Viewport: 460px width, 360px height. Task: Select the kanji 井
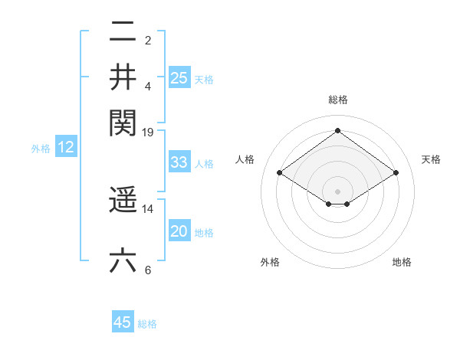click(123, 77)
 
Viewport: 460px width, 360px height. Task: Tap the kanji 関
click(123, 121)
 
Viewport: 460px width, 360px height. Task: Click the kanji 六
click(123, 261)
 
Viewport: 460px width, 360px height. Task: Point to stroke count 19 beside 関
click(149, 133)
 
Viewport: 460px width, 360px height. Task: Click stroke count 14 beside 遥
click(149, 208)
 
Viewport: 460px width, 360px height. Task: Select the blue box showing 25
click(179, 77)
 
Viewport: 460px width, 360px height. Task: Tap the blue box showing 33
click(179, 162)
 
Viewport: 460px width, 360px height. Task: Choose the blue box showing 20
click(179, 231)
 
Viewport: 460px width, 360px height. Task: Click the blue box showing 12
click(66, 148)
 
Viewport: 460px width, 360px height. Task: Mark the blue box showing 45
click(123, 322)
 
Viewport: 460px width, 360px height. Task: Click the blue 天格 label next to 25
click(204, 80)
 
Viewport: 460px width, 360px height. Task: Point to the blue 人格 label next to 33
click(204, 164)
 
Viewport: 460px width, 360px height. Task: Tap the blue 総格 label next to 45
click(147, 324)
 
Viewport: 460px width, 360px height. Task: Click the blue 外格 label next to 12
click(41, 149)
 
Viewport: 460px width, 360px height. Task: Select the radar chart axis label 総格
click(337, 100)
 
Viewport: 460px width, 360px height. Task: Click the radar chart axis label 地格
click(402, 263)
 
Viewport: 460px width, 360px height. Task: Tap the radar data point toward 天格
click(396, 173)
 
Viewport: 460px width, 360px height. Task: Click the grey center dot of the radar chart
click(337, 191)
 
